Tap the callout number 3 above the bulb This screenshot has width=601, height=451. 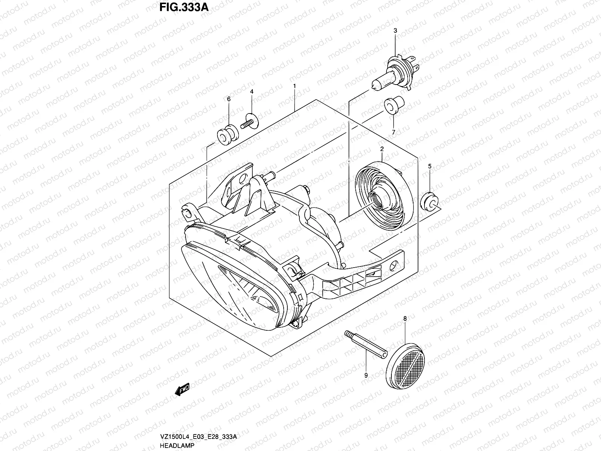click(395, 31)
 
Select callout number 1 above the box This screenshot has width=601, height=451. click(294, 86)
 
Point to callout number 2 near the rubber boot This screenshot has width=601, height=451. click(382, 149)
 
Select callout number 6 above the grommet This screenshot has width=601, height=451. click(228, 99)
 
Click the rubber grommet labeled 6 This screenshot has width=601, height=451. click(228, 135)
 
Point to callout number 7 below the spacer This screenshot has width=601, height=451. click(393, 132)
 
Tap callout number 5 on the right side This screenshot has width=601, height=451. click(430, 166)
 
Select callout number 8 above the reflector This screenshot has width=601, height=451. click(405, 319)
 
